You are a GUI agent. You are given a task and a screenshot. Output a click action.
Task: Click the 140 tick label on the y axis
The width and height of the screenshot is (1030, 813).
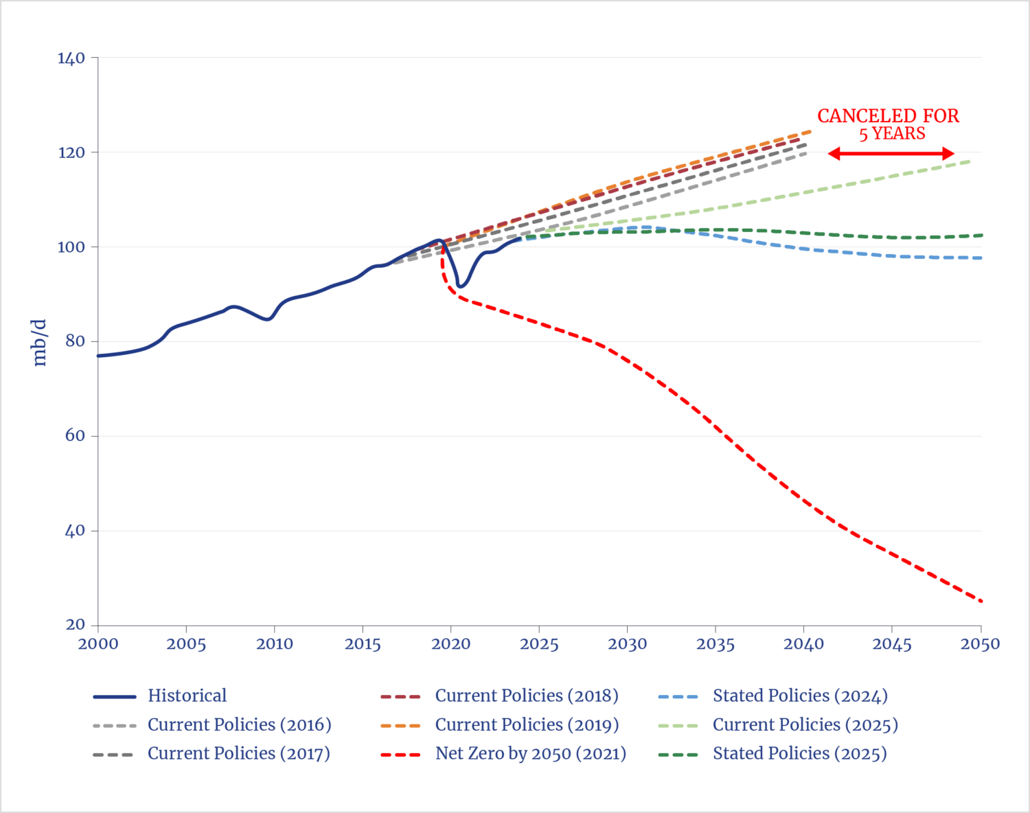pyautogui.click(x=71, y=58)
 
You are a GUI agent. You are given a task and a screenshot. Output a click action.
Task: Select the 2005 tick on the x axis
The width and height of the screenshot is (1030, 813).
pyautogui.click(x=186, y=644)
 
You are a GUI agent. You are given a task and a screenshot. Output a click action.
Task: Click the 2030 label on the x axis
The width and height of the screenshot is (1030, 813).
pyautogui.click(x=627, y=644)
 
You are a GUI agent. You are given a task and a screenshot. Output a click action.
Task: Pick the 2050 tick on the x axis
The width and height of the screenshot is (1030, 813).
pyautogui.click(x=980, y=644)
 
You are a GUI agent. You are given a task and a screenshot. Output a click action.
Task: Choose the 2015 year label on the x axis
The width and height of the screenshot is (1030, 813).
pyautogui.click(x=363, y=644)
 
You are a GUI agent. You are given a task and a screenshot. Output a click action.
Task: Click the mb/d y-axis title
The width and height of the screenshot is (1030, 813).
pyautogui.click(x=40, y=342)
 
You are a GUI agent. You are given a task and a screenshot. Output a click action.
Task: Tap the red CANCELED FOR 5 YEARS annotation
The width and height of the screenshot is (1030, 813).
pyautogui.click(x=889, y=124)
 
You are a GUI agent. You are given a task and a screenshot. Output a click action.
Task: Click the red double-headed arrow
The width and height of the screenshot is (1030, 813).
pyautogui.click(x=891, y=154)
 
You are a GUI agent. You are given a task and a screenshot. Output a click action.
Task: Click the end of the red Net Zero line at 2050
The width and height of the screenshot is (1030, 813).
pyautogui.click(x=981, y=602)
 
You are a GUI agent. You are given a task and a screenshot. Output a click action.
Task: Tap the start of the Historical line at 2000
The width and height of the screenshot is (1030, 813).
pyautogui.click(x=99, y=356)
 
